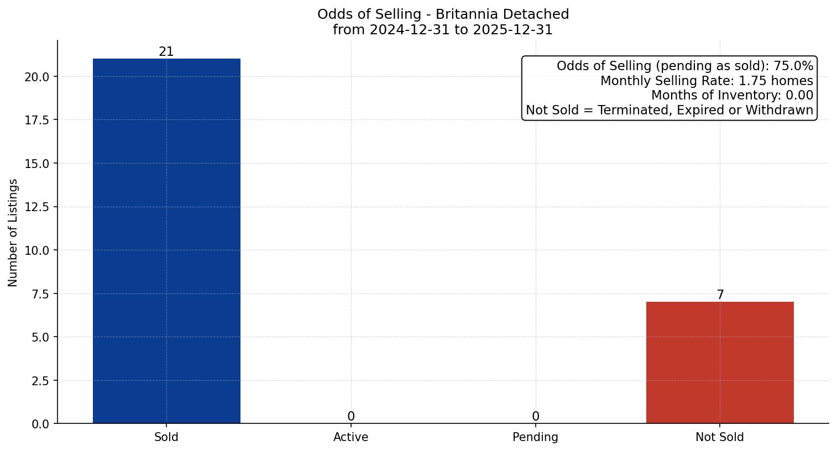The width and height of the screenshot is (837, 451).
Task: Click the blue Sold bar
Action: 166,241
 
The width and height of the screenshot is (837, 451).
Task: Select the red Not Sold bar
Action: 720,363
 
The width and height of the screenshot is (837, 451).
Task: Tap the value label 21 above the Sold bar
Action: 166,52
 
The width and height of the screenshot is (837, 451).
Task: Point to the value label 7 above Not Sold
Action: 720,295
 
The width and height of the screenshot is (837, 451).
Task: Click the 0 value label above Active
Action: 351,417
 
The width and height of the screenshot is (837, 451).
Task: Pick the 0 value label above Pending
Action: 535,417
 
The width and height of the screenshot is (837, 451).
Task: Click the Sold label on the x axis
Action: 166,437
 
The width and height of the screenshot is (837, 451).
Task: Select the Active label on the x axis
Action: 351,437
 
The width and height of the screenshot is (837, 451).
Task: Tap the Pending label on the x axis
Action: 535,437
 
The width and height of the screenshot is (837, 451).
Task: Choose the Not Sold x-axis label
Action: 720,437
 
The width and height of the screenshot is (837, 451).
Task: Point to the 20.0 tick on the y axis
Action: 37,77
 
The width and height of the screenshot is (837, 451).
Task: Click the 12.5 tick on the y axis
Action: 37,207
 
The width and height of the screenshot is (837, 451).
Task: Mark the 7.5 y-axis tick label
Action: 40,294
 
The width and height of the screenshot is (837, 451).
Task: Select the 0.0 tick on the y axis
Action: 40,424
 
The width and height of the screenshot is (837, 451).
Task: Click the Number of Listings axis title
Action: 13,233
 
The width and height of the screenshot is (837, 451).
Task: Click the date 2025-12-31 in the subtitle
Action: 512,30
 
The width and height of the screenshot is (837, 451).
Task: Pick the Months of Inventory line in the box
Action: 732,96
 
